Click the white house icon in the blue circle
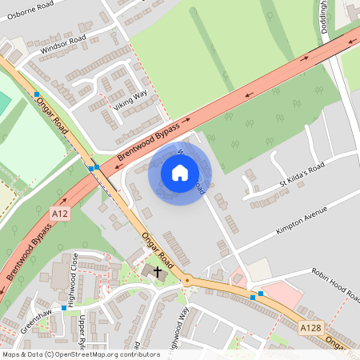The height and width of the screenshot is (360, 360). point(180,172)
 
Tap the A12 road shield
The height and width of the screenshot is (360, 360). point(58,214)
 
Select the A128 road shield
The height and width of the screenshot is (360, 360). point(312,328)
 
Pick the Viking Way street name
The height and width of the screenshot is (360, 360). point(130,99)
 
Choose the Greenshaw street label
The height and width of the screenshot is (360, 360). point(37,320)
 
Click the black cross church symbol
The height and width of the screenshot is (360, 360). point(157,272)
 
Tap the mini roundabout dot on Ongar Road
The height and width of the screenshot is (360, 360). point(186,280)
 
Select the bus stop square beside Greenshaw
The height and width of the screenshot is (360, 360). point(64,307)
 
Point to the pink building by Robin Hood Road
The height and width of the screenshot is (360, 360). point(276,292)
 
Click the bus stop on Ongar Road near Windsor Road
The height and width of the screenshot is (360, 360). point(37,94)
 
